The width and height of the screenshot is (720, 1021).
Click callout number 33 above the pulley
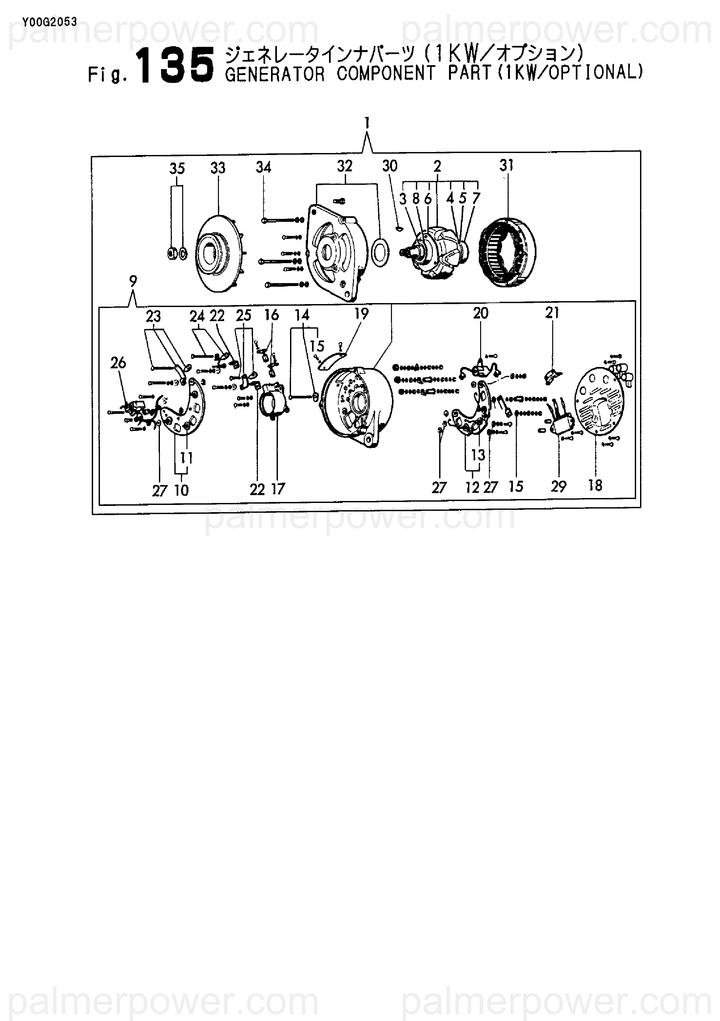[218, 168]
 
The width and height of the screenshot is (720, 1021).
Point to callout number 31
[507, 165]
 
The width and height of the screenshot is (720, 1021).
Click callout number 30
[390, 166]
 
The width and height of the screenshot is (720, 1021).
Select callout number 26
[118, 363]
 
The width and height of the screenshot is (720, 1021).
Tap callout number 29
[558, 487]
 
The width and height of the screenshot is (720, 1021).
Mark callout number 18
[595, 486]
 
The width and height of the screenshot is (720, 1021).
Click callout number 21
[552, 313]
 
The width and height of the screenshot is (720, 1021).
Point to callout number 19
[361, 314]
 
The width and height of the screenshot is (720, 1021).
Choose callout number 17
[278, 489]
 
